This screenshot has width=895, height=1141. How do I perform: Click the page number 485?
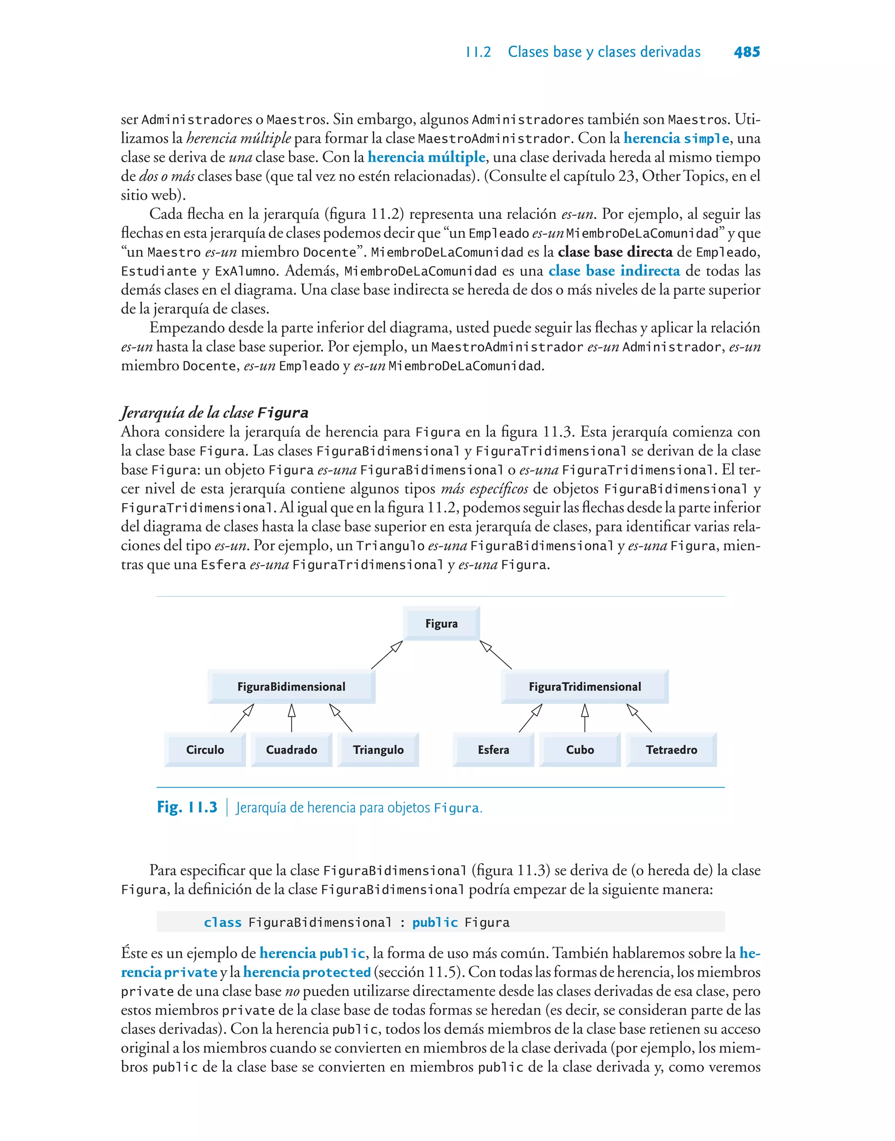point(747,52)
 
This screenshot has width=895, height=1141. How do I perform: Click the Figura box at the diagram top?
point(441,623)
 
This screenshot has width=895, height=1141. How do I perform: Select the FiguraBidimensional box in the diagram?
point(291,687)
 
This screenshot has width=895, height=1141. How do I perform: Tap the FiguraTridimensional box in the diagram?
point(584,687)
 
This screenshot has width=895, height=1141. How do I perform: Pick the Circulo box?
point(205,749)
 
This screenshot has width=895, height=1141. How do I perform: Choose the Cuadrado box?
point(291,749)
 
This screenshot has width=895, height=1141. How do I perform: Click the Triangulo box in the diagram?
point(378,749)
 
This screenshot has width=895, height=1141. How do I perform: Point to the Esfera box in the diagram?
point(493,749)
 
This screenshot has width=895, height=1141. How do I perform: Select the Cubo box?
point(579,749)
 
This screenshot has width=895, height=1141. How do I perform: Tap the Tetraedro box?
point(671,749)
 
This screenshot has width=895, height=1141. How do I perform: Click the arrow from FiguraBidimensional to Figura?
point(387,654)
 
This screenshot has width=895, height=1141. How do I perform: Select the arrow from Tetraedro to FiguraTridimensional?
point(639,718)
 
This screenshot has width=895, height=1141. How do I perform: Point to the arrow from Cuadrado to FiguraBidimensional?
point(292,718)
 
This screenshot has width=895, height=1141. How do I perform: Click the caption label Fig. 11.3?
point(187,807)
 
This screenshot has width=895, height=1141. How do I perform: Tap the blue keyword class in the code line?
point(223,922)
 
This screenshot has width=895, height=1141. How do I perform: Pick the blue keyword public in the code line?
point(435,922)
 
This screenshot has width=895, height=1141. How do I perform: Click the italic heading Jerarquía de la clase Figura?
point(214,413)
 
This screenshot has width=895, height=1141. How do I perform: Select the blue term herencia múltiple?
point(427,157)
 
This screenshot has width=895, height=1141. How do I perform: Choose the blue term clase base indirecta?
point(614,271)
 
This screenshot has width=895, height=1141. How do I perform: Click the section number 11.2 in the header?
point(479,52)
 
